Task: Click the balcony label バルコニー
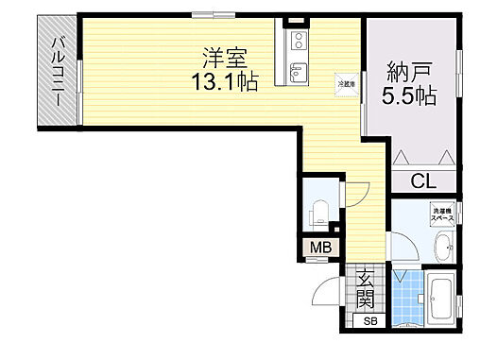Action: point(59,72)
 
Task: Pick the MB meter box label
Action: point(321,249)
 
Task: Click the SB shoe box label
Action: point(370,320)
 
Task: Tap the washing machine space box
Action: point(443,214)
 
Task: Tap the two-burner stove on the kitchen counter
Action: point(297,41)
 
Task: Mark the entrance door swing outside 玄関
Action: point(329,291)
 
